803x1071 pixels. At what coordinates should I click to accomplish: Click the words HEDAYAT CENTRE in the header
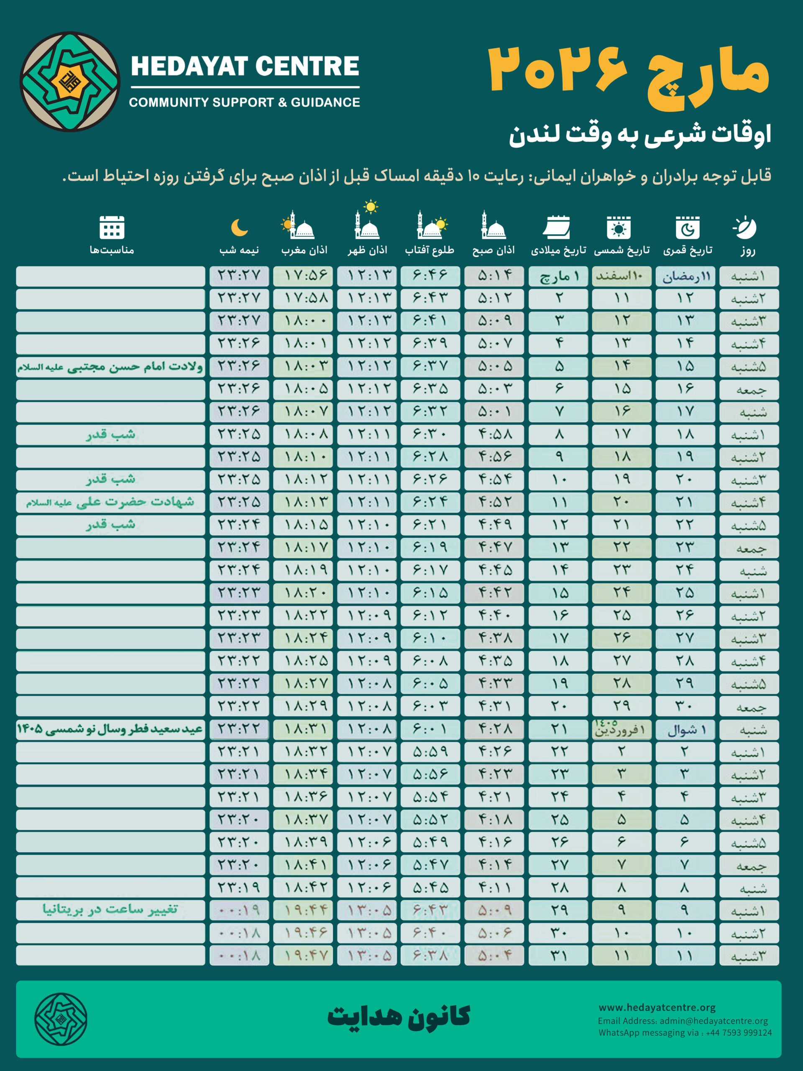click(245, 67)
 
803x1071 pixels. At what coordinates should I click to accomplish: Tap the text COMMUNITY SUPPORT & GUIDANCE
click(244, 102)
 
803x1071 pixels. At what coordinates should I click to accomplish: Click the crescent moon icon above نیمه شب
click(239, 227)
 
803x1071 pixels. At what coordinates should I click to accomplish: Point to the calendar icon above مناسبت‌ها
click(112, 227)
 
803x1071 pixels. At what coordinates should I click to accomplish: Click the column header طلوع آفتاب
click(430, 250)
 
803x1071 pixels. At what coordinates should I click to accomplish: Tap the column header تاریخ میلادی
click(559, 250)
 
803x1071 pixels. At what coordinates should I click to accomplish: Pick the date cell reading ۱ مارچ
click(559, 276)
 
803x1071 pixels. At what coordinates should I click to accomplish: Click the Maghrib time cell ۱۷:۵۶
click(303, 276)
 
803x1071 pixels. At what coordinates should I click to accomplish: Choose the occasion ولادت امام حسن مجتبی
click(110, 366)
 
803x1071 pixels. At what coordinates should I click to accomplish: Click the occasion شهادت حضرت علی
click(110, 502)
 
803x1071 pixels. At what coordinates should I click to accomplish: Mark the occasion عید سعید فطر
click(110, 729)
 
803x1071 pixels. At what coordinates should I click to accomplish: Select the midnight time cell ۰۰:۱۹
click(239, 910)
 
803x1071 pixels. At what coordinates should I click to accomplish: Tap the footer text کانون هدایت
click(399, 1016)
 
